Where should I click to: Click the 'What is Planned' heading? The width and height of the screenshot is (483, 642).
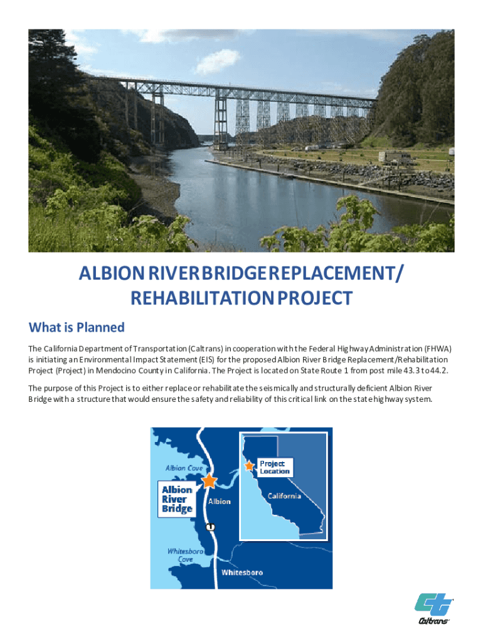point(77,327)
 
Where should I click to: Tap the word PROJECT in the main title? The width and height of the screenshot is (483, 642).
point(307,298)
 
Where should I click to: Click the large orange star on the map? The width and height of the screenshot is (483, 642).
point(209,481)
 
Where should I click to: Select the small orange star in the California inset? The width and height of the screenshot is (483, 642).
point(249,466)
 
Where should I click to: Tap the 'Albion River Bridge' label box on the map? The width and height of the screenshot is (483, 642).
point(177,499)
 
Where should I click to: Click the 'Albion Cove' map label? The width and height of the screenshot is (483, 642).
point(184,468)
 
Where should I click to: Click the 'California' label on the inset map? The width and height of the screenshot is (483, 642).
point(284,496)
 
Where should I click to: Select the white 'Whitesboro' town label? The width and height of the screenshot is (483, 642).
point(242,572)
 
